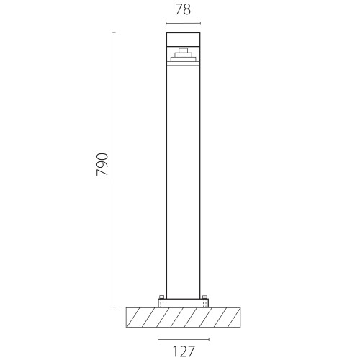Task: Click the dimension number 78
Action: click(183, 10)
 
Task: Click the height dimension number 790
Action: click(102, 164)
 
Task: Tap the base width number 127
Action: click(184, 351)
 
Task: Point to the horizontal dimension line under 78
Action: click(183, 23)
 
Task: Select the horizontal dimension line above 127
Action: click(184, 339)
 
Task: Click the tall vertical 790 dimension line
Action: click(114, 169)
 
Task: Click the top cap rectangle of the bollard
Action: click(183, 39)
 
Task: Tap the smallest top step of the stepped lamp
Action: click(183, 50)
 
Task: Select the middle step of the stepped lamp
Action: click(183, 55)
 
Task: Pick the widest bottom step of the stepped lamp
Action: click(183, 59)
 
